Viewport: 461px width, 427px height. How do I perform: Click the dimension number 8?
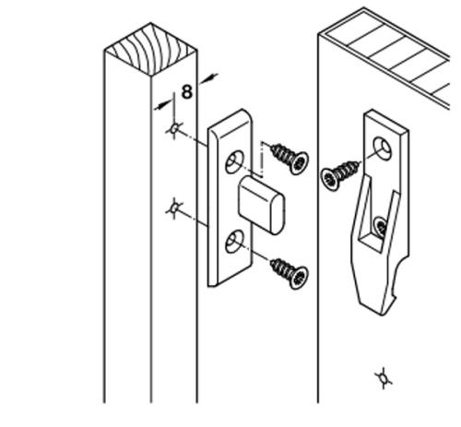click(187, 91)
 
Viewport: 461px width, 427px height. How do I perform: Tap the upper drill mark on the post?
click(174, 129)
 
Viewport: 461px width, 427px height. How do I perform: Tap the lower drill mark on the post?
click(175, 208)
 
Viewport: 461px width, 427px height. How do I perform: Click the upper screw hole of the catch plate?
click(235, 161)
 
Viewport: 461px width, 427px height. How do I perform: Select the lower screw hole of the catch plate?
click(235, 242)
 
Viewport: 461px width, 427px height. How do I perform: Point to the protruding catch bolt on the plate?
click(261, 205)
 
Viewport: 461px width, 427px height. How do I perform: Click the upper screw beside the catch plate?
click(290, 159)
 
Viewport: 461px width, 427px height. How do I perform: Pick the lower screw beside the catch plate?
click(290, 274)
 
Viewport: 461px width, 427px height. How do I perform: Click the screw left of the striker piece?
click(340, 174)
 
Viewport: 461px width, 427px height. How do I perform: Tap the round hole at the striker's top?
click(383, 148)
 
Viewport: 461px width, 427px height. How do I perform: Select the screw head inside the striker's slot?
click(381, 227)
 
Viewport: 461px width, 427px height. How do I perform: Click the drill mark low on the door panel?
click(384, 378)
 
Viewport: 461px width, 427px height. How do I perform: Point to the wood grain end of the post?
click(150, 49)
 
